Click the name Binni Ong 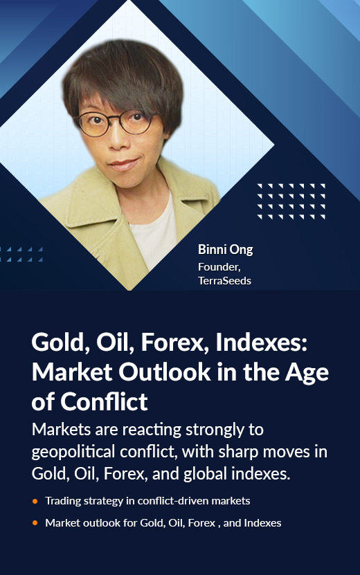225,250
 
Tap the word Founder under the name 218,266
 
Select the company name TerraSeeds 224,280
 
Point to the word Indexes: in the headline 261,343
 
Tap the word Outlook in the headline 164,372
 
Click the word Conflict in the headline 104,401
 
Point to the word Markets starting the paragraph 61,429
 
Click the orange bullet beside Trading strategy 35,501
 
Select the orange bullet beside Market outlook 35,523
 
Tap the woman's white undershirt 154,231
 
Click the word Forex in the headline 175,343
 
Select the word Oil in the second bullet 175,523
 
